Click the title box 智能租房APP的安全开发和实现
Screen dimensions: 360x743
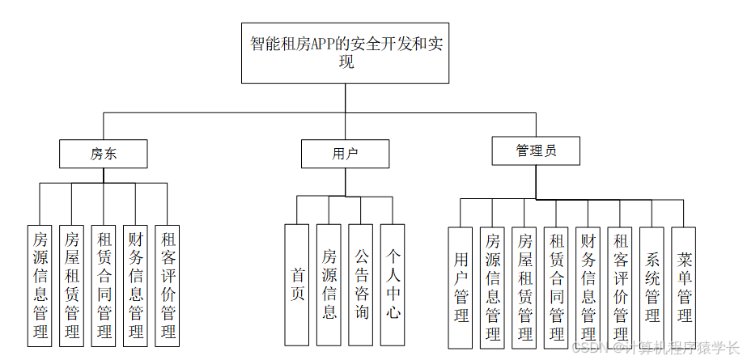click(x=345, y=53)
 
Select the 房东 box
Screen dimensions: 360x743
click(x=103, y=154)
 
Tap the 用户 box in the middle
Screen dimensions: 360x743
click(x=345, y=154)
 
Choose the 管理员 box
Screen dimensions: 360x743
click(x=536, y=150)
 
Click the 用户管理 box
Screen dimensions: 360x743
click(x=461, y=286)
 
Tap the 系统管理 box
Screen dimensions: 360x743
click(x=652, y=286)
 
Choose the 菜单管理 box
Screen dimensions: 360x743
click(x=684, y=286)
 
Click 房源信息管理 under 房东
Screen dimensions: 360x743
click(x=40, y=286)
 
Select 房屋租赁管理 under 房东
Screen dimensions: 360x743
click(x=71, y=286)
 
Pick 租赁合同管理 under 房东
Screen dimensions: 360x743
click(x=104, y=286)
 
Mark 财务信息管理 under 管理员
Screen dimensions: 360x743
click(x=588, y=286)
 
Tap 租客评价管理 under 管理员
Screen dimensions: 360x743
click(x=620, y=286)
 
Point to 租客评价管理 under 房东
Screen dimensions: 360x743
click(x=168, y=286)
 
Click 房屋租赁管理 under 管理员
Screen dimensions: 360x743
click(x=524, y=286)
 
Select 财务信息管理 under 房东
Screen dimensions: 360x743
click(x=135, y=286)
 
